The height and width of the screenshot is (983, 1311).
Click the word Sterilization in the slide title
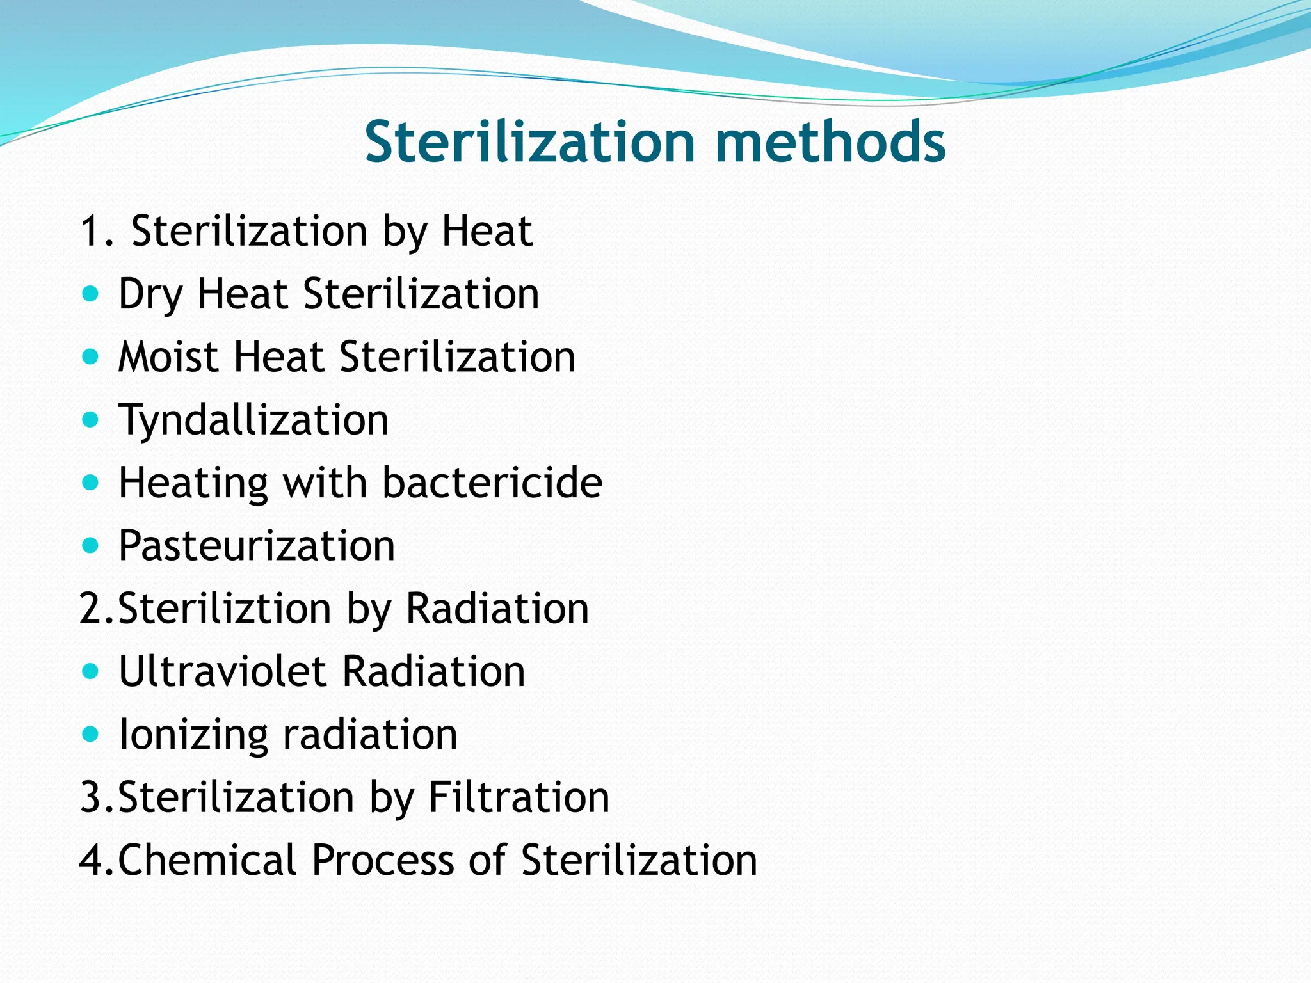(x=529, y=142)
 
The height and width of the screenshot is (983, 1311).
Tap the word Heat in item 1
(x=487, y=231)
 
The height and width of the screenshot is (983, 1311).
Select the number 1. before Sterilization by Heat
(x=96, y=231)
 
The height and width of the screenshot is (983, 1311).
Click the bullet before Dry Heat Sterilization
(x=91, y=294)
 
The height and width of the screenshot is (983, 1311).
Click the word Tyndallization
(x=253, y=420)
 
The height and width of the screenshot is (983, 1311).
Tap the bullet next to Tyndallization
(x=91, y=420)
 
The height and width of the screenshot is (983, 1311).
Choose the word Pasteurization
(x=257, y=546)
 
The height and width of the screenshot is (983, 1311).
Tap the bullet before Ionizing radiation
(x=91, y=734)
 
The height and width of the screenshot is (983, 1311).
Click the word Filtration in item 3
(x=519, y=797)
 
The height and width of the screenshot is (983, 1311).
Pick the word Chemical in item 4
(x=207, y=859)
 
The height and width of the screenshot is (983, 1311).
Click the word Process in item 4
(x=382, y=859)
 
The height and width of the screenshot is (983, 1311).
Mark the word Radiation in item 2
(x=497, y=609)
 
